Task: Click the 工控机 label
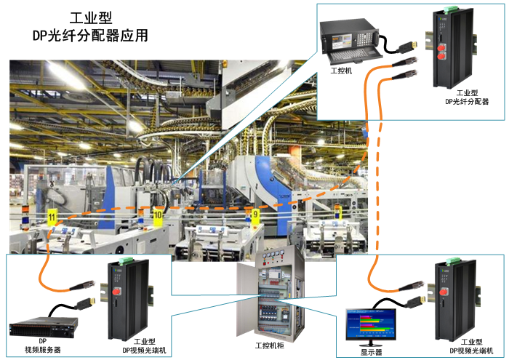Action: click(341, 71)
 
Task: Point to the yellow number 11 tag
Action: click(52, 217)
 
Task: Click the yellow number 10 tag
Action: click(158, 215)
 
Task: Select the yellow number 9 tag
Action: click(254, 215)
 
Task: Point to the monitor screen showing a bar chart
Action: click(370, 322)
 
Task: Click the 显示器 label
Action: click(372, 351)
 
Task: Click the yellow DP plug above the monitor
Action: click(417, 299)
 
